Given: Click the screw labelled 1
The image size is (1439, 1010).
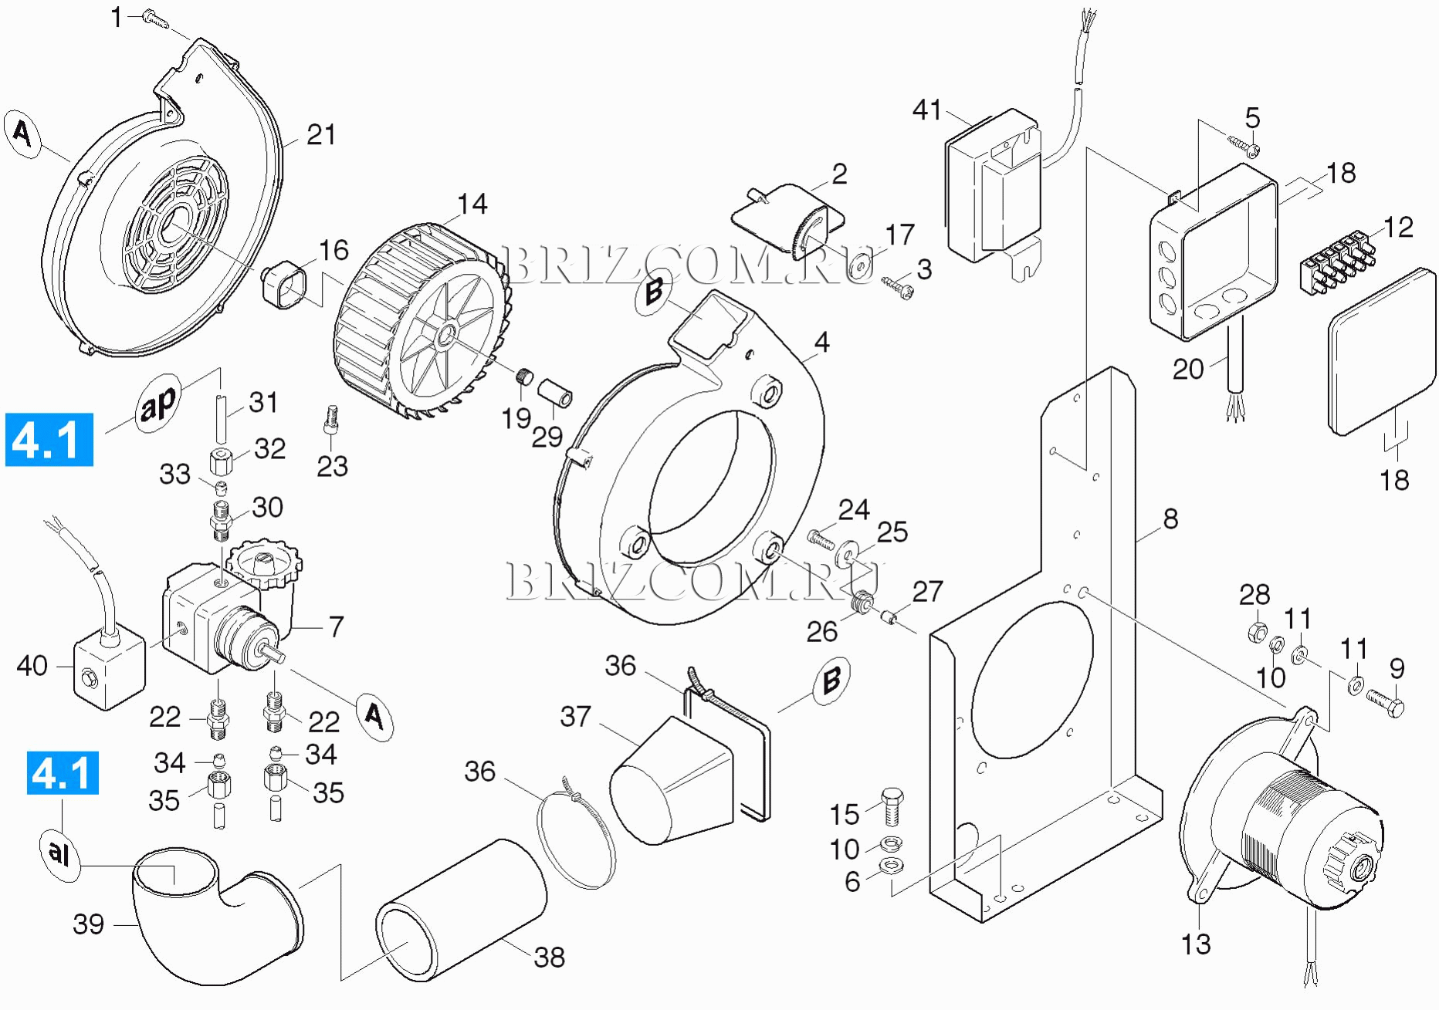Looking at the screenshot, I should click(x=156, y=20).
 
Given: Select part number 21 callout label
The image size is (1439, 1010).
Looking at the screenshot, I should click(x=321, y=135).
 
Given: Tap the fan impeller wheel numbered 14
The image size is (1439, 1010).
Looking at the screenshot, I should click(x=421, y=321).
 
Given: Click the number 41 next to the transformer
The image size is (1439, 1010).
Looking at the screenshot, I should click(x=926, y=110).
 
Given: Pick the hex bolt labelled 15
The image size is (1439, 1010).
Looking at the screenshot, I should click(x=892, y=806).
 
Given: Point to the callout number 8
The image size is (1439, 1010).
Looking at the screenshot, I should click(x=1170, y=519).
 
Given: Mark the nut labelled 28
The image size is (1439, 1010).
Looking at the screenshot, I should click(x=1256, y=632).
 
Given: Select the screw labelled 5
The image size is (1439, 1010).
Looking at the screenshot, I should click(x=1242, y=144).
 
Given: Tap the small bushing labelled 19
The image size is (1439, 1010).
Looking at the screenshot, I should click(x=525, y=377).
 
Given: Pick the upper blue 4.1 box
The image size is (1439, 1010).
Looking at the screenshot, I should click(x=49, y=440).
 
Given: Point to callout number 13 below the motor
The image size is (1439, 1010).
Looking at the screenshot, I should click(x=1196, y=944).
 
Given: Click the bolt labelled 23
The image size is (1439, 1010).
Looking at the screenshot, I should click(x=331, y=419).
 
